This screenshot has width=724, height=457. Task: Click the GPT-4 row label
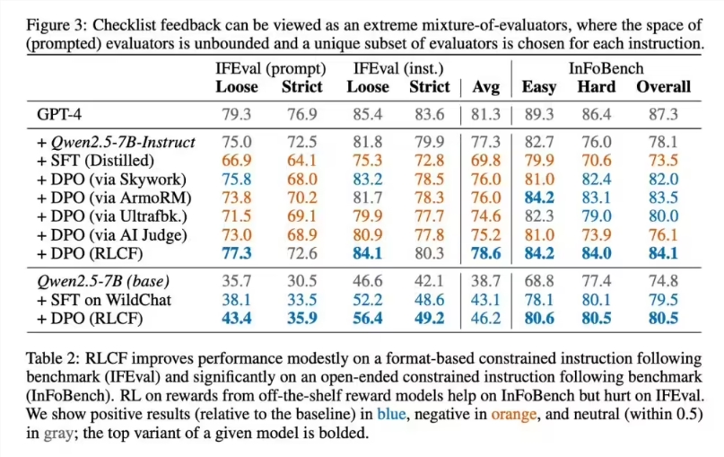pos(64,114)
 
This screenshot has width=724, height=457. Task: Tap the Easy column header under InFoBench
pos(538,87)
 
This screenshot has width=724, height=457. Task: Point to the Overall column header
pos(663,87)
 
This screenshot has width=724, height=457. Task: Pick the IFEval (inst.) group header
pos(399,68)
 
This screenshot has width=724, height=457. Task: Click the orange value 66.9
pos(236,161)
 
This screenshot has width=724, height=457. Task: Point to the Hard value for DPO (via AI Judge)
pos(597,235)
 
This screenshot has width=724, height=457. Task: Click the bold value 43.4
pos(236,318)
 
